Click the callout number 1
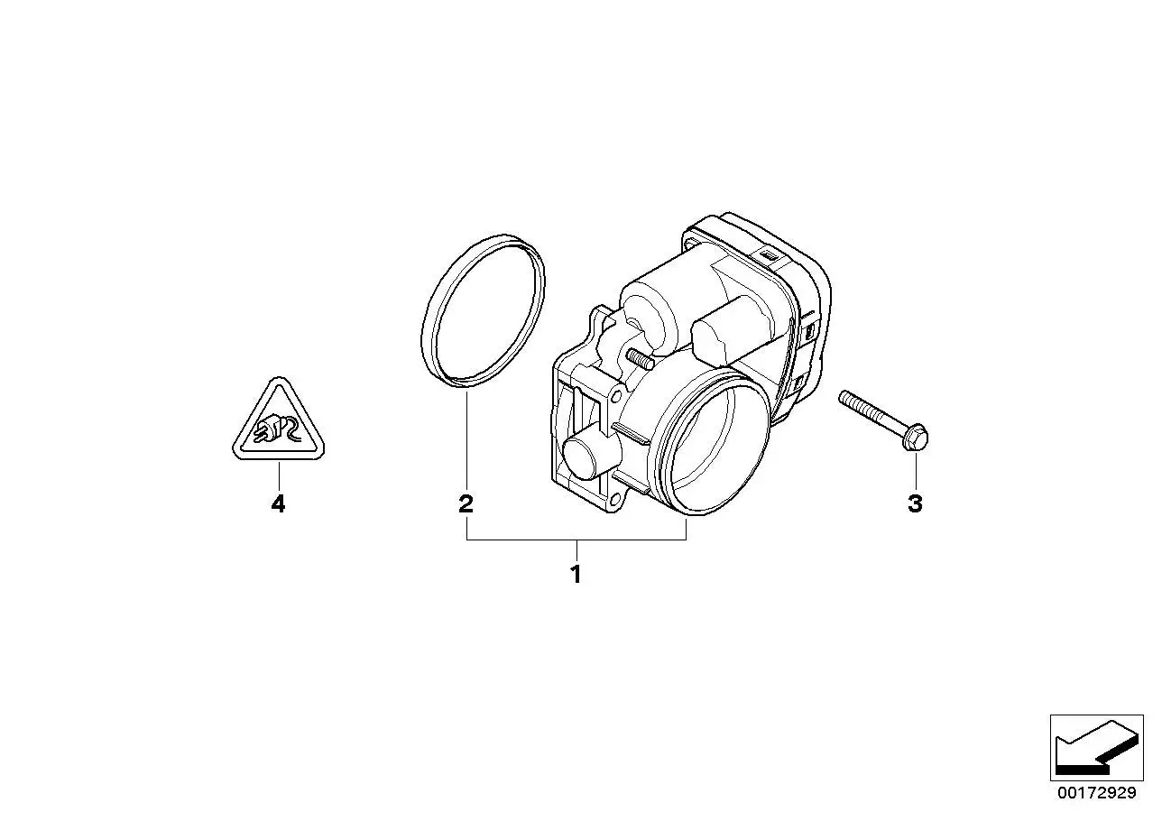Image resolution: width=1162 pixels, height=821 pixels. (576, 574)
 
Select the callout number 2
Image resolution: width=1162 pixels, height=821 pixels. (466, 503)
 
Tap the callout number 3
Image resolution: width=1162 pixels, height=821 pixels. (915, 503)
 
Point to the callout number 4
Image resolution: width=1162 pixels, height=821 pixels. (279, 503)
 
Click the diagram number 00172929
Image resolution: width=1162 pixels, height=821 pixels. (1097, 793)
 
